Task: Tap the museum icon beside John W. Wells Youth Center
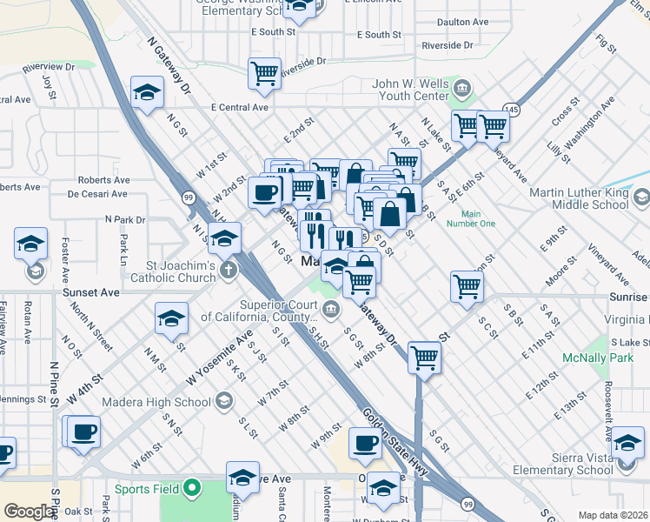coord(461,88)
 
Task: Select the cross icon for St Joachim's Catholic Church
coord(228,269)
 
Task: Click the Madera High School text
coord(156,402)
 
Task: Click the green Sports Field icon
coord(191,490)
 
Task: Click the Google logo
coord(30,512)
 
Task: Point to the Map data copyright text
coord(613,515)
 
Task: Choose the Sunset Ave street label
coord(91,293)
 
